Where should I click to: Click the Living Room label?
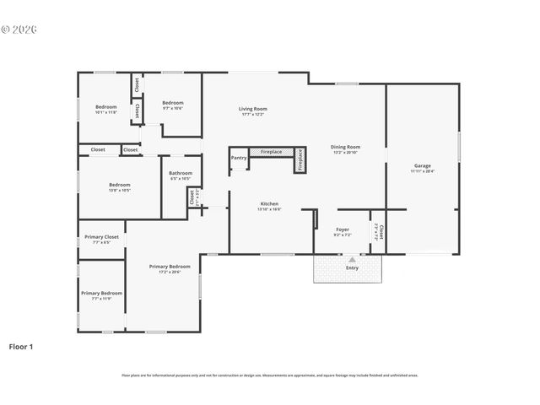[253, 109]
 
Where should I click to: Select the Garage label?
[422, 165]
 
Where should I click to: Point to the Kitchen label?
[269, 203]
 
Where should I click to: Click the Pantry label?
[239, 157]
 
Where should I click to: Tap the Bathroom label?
[181, 174]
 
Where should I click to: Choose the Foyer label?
[343, 229]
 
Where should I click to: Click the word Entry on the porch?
[351, 267]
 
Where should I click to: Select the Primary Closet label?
[101, 237]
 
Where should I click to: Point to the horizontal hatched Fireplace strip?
[271, 152]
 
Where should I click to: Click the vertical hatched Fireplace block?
[300, 160]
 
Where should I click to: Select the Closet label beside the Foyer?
[381, 232]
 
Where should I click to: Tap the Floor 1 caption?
[21, 346]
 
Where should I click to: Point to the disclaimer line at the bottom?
[269, 375]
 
